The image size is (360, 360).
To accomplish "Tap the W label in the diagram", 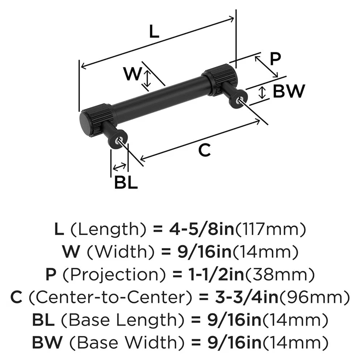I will pyautogui.click(x=132, y=75).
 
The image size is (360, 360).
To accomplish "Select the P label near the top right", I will pyautogui.click(x=275, y=59).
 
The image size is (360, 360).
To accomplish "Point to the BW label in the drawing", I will pyautogui.click(x=288, y=91).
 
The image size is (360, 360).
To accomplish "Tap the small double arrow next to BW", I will pyautogui.click(x=262, y=93).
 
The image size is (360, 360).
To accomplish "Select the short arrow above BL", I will pyautogui.click(x=119, y=167).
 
